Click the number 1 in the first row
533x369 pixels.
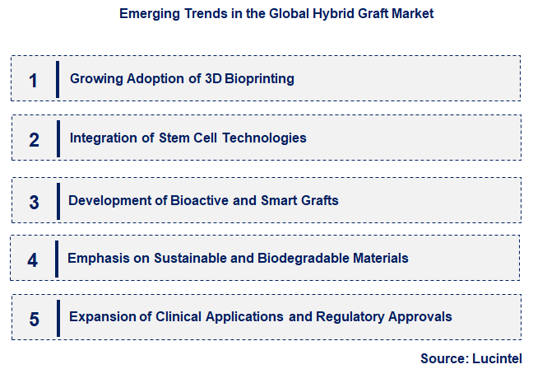33,80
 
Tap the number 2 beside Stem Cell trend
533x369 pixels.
34,139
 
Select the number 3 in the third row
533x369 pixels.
34,202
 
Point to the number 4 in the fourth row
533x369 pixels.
33,259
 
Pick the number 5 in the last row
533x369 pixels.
34,319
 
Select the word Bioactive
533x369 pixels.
198,200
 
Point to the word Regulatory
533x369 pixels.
351,316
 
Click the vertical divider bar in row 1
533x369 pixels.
58,79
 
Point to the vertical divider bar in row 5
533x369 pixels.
58,317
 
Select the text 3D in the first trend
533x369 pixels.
214,79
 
